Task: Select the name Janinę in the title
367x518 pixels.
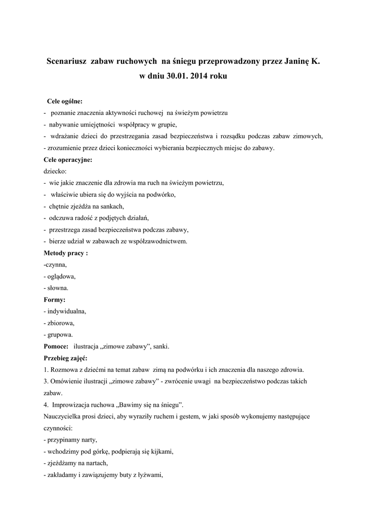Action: coord(294,61)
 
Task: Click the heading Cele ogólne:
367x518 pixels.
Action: coord(64,101)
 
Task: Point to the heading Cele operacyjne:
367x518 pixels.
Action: coord(68,160)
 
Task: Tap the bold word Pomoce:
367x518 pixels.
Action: coord(56,346)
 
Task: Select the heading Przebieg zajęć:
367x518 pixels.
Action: coord(66,358)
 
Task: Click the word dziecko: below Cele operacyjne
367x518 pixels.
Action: coord(55,171)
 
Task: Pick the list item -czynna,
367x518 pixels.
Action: coord(55,265)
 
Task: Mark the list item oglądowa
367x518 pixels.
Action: coord(61,276)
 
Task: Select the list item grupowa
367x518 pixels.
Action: coord(60,334)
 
